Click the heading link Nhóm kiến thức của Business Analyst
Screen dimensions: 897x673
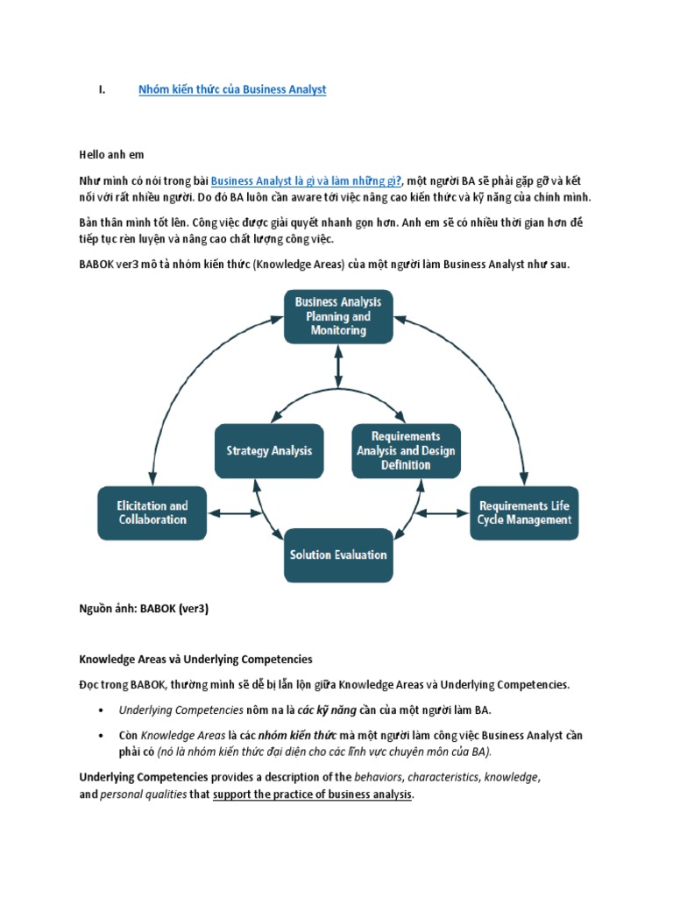pyautogui.click(x=232, y=89)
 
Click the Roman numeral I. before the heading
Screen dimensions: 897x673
pyautogui.click(x=101, y=89)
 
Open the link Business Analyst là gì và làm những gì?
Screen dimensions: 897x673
pyautogui.click(x=306, y=179)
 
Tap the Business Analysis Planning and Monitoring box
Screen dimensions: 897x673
pyautogui.click(x=337, y=316)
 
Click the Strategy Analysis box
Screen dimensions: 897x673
pyautogui.click(x=269, y=451)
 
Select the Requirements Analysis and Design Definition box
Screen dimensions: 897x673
pyautogui.click(x=405, y=451)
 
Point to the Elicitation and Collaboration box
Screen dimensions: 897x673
pyautogui.click(x=152, y=512)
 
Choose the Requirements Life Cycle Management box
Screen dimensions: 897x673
pyautogui.click(x=524, y=512)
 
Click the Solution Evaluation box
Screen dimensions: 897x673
pyautogui.click(x=337, y=554)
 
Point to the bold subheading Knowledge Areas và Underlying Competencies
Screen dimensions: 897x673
pyautogui.click(x=195, y=659)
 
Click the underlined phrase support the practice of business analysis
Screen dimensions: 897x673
pyautogui.click(x=312, y=795)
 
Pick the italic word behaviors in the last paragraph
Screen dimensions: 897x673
pyautogui.click(x=377, y=777)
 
